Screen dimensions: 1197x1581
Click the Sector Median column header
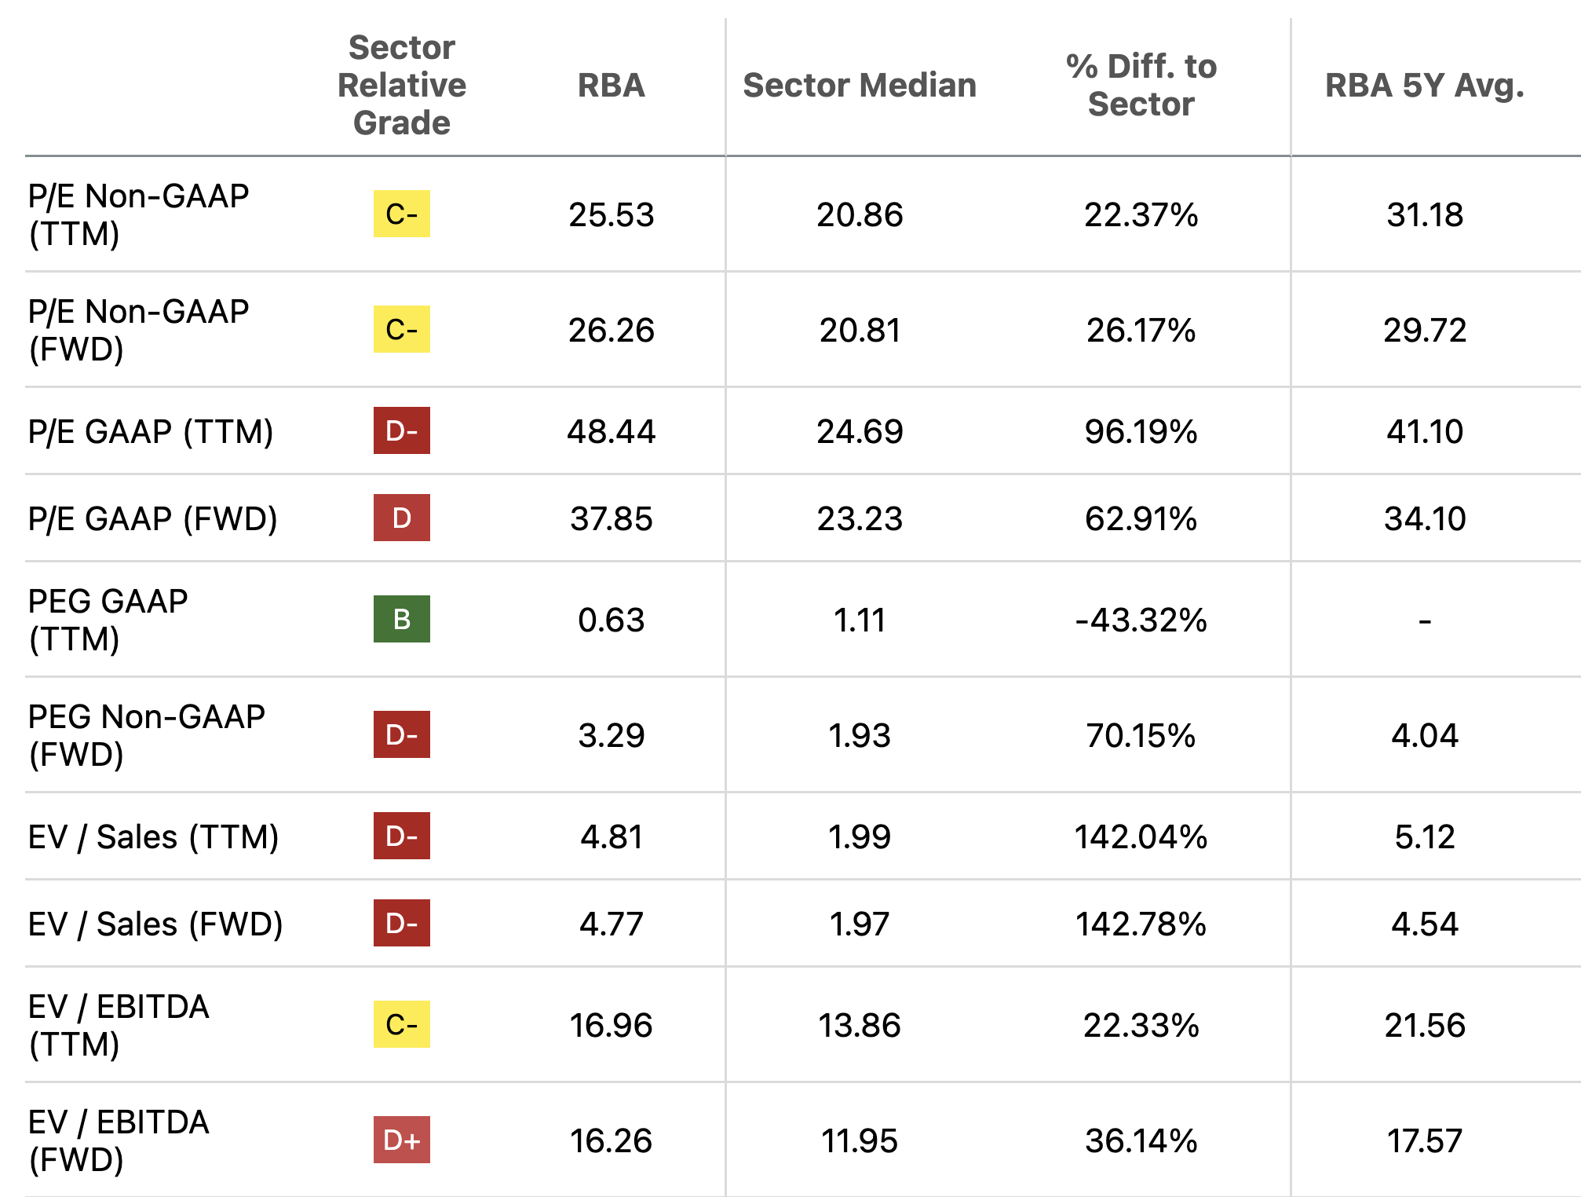pos(860,85)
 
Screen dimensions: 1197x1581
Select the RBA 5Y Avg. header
pos(1424,85)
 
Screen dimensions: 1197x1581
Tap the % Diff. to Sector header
pos(1141,85)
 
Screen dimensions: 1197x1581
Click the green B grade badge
pos(401,619)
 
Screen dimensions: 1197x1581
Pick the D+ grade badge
pos(401,1140)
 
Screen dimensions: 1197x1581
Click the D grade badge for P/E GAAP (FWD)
pos(401,518)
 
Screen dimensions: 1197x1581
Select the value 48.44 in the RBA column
pos(611,431)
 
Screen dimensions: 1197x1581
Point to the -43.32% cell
pos(1141,620)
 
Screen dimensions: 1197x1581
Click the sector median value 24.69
pos(860,431)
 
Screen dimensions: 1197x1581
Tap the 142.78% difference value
pos(1141,924)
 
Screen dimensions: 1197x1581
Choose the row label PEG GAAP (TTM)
pos(108,619)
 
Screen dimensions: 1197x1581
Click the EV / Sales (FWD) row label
pos(155,924)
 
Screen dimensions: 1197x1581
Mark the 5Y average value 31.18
pos(1424,214)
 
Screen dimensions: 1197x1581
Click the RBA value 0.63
pos(611,620)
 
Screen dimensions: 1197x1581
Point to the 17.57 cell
pos(1424,1140)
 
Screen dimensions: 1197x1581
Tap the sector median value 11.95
pos(860,1140)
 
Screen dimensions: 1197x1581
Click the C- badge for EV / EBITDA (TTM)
pos(401,1024)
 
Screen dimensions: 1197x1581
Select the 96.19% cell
pos(1141,431)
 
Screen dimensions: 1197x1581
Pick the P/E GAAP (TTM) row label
pos(151,431)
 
